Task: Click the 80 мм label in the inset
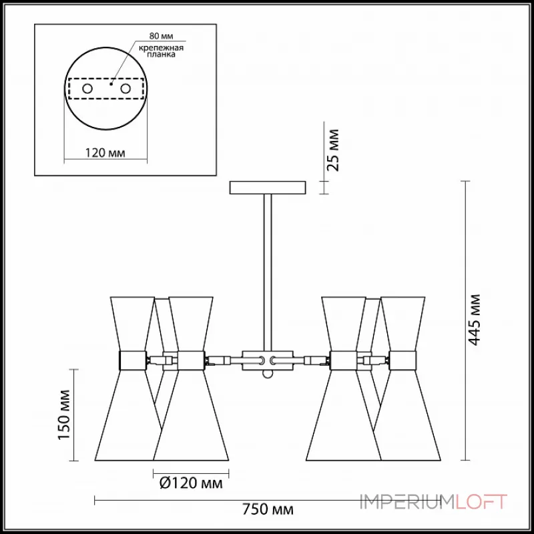pyautogui.click(x=161, y=36)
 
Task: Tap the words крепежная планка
pyautogui.click(x=161, y=51)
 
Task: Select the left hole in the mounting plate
pyautogui.click(x=87, y=89)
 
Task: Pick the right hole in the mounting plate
pyautogui.click(x=125, y=89)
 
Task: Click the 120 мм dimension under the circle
pyautogui.click(x=105, y=153)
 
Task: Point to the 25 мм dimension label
pyautogui.click(x=332, y=150)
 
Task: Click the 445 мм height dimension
pyautogui.click(x=474, y=320)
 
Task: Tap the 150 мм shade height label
pyautogui.click(x=64, y=415)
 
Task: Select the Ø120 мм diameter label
pyautogui.click(x=191, y=483)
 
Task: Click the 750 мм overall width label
pyautogui.click(x=268, y=509)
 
